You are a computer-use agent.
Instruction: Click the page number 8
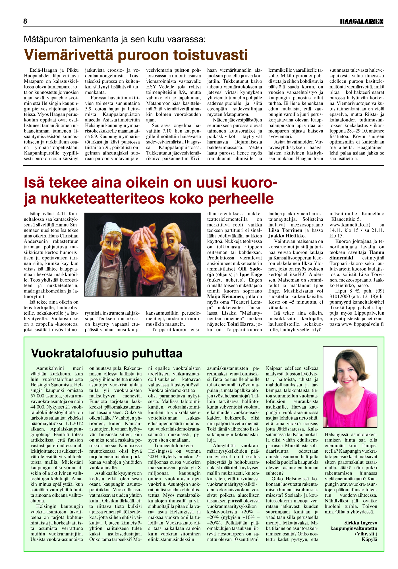point(25,21)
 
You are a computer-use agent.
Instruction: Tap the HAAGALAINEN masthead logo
point(362,22)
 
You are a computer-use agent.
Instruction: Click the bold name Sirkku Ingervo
point(360,523)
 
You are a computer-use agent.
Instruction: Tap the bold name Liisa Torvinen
point(285,230)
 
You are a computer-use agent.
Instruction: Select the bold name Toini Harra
point(240,324)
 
